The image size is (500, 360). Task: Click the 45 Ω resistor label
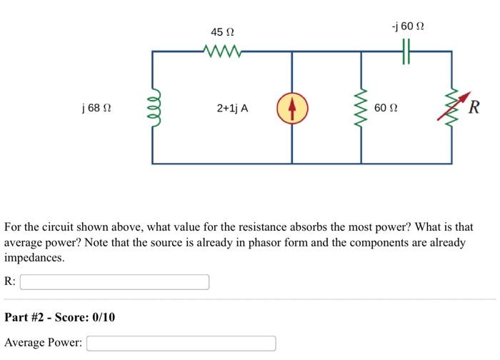pyautogui.click(x=223, y=33)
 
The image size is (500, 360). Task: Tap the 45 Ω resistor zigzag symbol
pyautogui.click(x=223, y=51)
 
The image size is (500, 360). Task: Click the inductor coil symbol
pyautogui.click(x=152, y=108)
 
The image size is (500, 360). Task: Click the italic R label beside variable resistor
pyautogui.click(x=474, y=109)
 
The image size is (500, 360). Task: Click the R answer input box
pyautogui.click(x=114, y=282)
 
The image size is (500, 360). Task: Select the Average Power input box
pyautogui.click(x=181, y=344)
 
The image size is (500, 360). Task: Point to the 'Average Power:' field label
pyautogui.click(x=43, y=344)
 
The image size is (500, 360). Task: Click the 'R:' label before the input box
pyautogui.click(x=10, y=282)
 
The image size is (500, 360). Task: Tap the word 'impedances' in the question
pyautogui.click(x=34, y=258)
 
